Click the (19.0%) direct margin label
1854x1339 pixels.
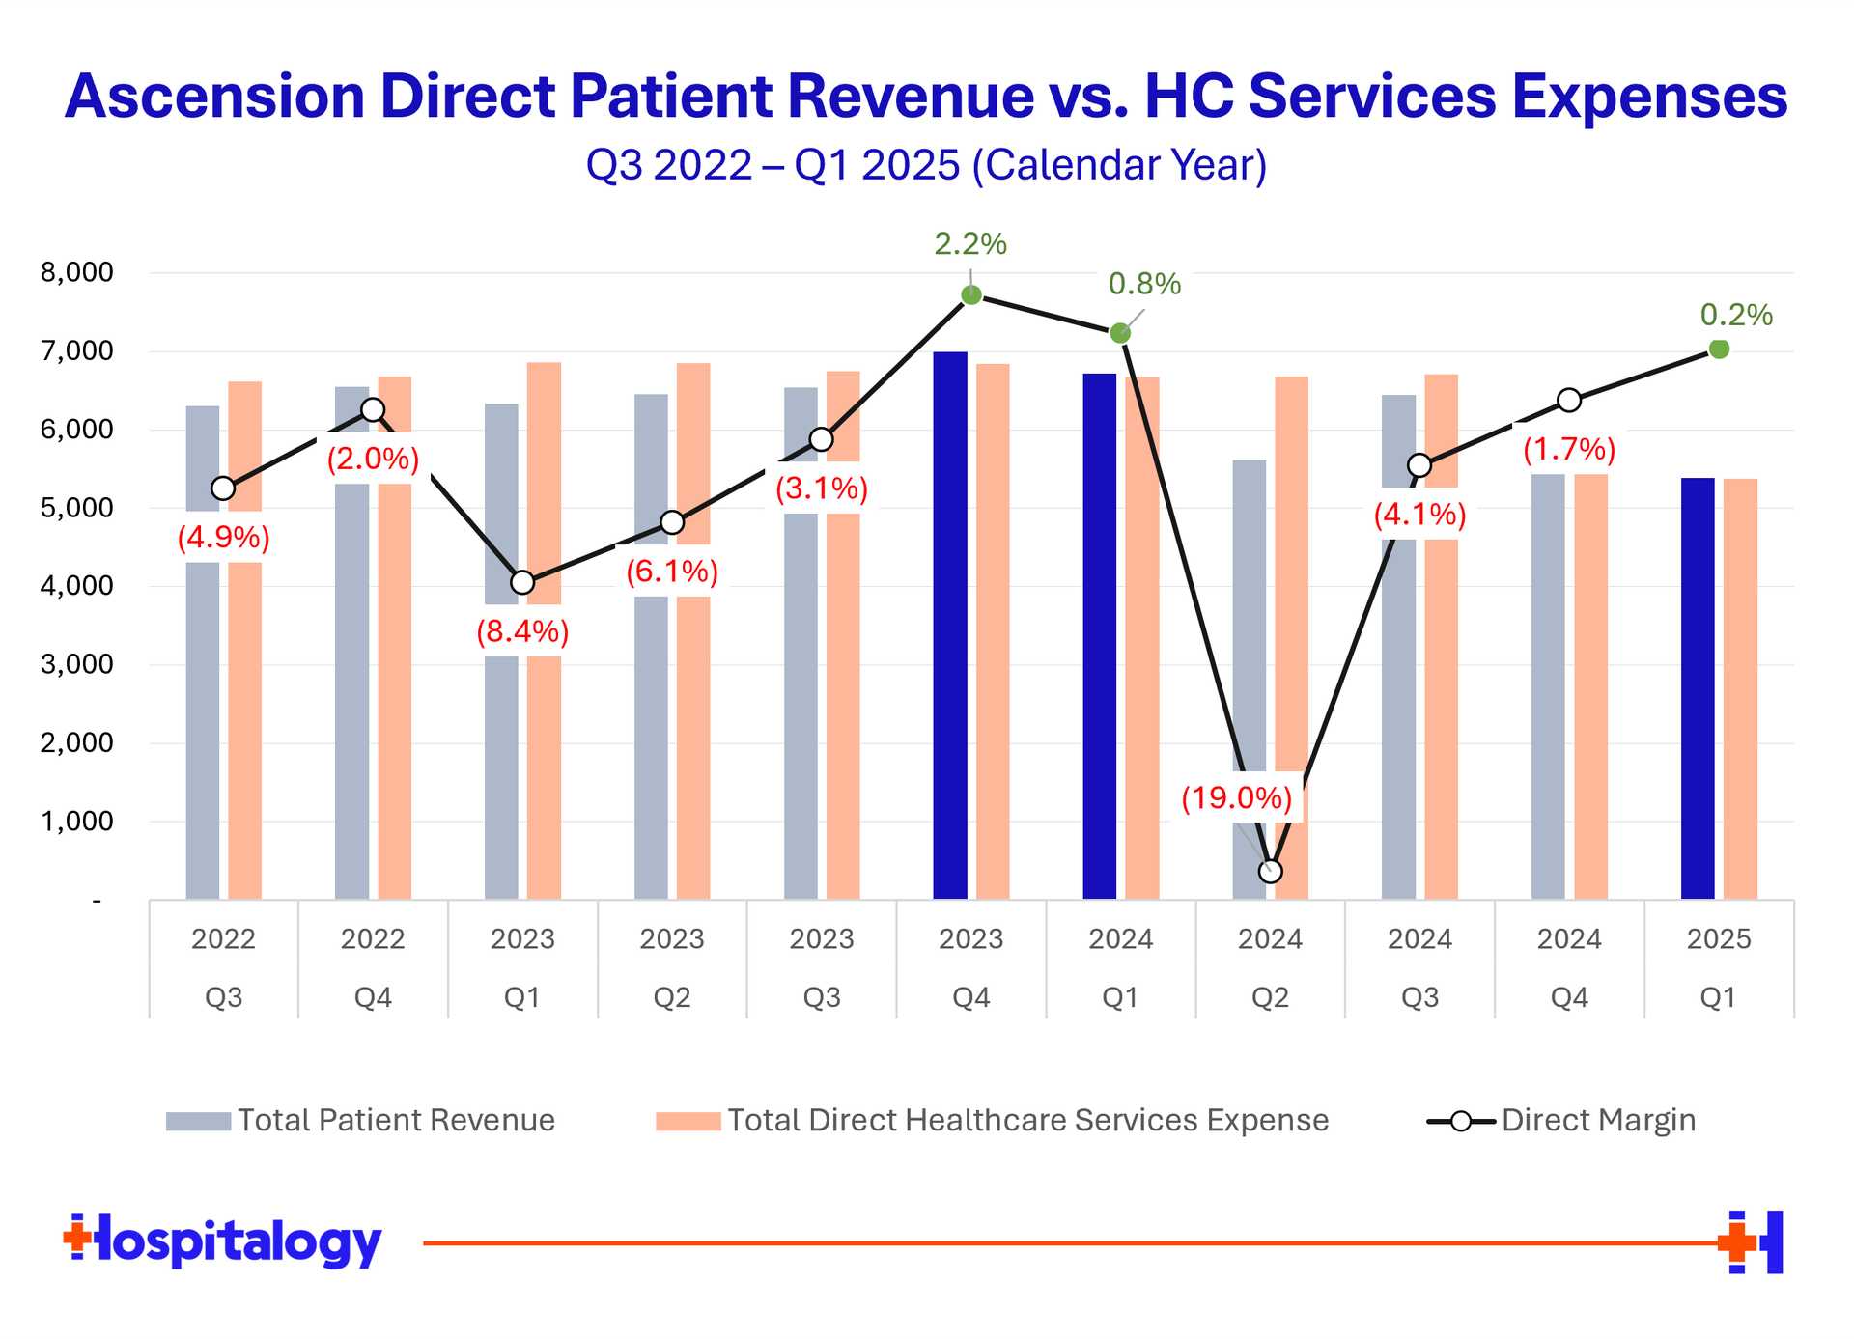click(x=1237, y=798)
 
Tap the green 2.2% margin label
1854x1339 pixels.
click(x=969, y=244)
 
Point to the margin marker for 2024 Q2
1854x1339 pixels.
click(x=1271, y=871)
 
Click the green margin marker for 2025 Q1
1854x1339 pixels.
click(x=1719, y=349)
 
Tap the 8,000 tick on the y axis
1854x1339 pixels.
click(x=77, y=272)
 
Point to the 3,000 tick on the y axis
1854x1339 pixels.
click(x=77, y=664)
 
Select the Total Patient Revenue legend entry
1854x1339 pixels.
click(x=360, y=1120)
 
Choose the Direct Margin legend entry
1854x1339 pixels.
click(x=1560, y=1120)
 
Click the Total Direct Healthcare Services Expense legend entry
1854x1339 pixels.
click(x=992, y=1120)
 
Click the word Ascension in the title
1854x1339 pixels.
click(x=214, y=97)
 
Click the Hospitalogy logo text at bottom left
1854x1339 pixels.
click(x=223, y=1241)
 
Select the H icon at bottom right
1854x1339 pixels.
click(x=1753, y=1241)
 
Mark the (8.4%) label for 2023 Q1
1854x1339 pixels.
click(x=522, y=631)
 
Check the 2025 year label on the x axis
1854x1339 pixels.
click(x=1719, y=938)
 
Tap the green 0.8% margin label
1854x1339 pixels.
click(x=1144, y=284)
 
